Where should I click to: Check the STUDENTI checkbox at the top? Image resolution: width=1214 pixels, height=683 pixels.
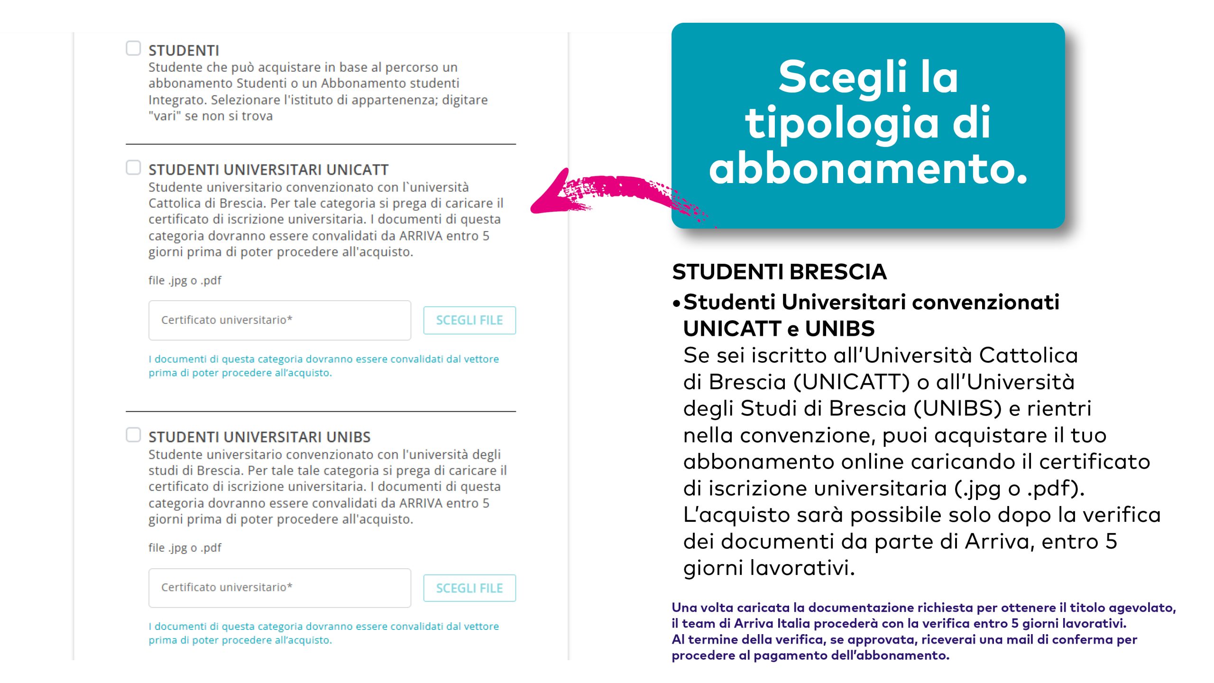(x=133, y=48)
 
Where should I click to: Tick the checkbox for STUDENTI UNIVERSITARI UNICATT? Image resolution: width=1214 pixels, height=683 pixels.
(x=133, y=167)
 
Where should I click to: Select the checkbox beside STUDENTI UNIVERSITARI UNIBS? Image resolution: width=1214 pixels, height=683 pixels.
(x=133, y=435)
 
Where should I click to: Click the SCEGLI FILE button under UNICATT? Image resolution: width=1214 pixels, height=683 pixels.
(x=469, y=320)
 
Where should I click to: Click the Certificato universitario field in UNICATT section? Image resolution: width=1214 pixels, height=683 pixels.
(x=279, y=320)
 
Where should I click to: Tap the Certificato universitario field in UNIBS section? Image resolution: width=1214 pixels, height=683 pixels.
(x=279, y=588)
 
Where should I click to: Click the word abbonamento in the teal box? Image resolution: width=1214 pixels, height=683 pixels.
(x=868, y=168)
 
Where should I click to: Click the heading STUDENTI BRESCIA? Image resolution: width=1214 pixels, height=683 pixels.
(x=779, y=272)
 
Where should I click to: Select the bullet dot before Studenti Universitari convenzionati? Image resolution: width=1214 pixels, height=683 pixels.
(x=676, y=304)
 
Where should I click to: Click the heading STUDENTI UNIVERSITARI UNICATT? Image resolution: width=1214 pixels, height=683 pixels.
(x=268, y=169)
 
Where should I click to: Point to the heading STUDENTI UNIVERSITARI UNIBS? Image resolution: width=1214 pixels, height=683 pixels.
(x=259, y=437)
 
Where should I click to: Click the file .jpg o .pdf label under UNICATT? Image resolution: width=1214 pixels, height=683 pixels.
(x=184, y=280)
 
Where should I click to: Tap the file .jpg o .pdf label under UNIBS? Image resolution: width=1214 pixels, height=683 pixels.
(x=184, y=548)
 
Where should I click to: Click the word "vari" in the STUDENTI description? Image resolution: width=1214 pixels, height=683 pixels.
(x=165, y=116)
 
